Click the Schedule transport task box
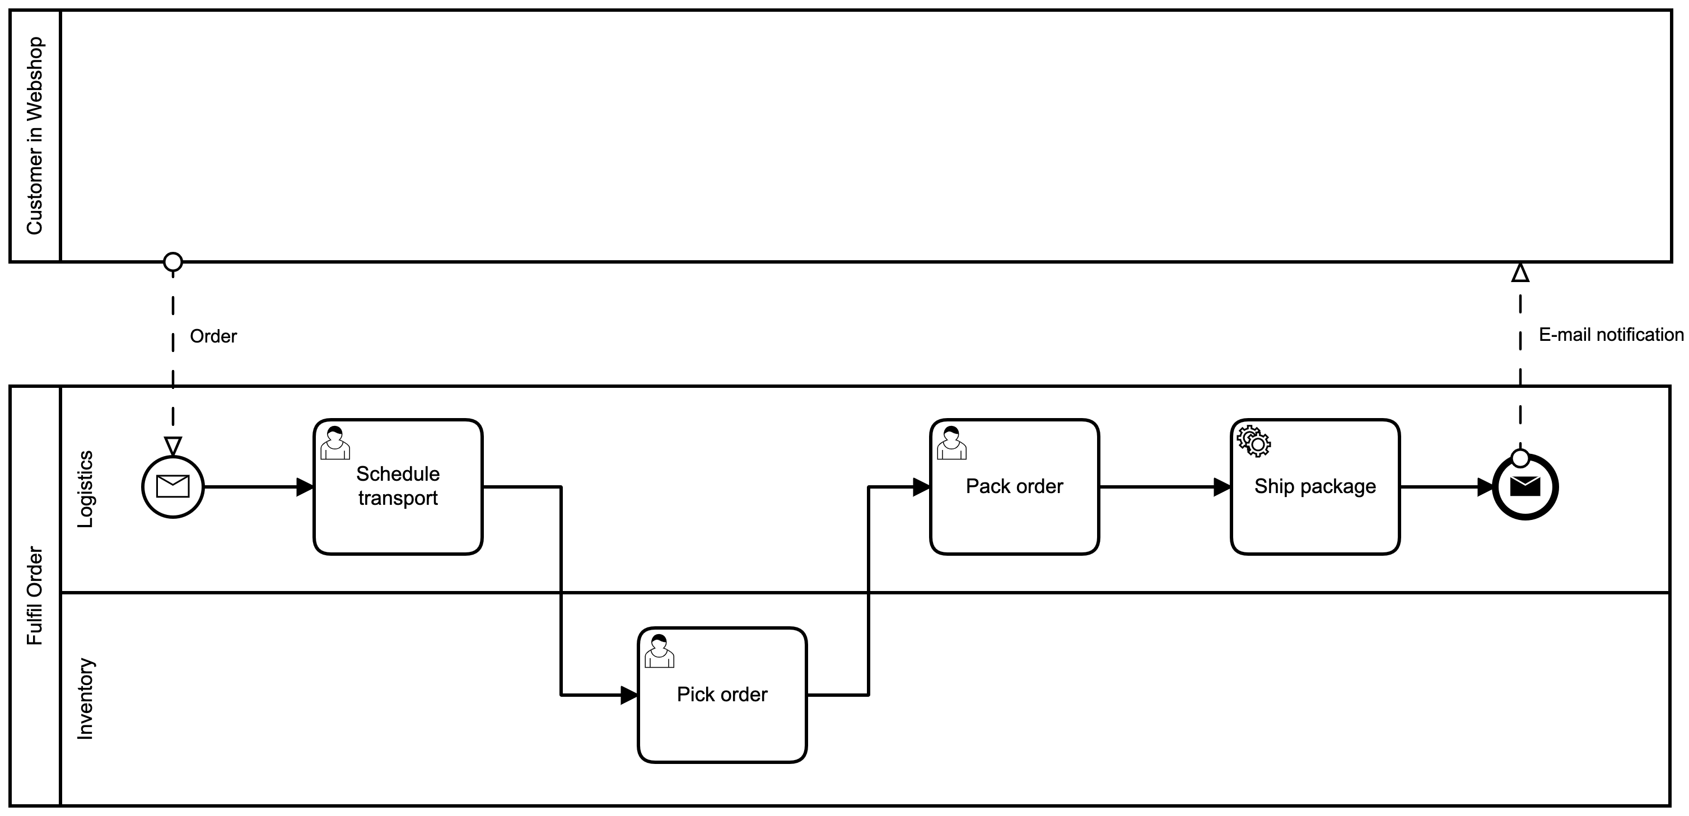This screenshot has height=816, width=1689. pyautogui.click(x=398, y=486)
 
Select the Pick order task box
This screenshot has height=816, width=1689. pyautogui.click(x=722, y=695)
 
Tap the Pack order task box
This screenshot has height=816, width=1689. pyautogui.click(x=1014, y=486)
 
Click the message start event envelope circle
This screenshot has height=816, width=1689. pyautogui.click(x=173, y=487)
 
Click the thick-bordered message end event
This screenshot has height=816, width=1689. pyautogui.click(x=1525, y=487)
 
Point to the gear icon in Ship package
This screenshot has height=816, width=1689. pyautogui.click(x=1254, y=441)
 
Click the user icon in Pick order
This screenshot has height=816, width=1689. pyautogui.click(x=660, y=651)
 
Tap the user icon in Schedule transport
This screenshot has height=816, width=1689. pyautogui.click(x=335, y=443)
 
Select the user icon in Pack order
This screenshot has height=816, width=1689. pyautogui.click(x=951, y=443)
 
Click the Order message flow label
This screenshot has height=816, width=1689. pyautogui.click(x=213, y=336)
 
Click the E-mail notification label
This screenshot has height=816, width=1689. pyautogui.click(x=1611, y=335)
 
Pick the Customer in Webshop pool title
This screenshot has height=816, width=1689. pyautogui.click(x=34, y=135)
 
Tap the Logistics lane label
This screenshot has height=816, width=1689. pyautogui.click(x=85, y=489)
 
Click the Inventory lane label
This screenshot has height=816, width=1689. pyautogui.click(x=85, y=698)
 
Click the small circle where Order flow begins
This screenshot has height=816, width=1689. pyautogui.click(x=172, y=262)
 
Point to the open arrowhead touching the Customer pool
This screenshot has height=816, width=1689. pyautogui.click(x=1520, y=273)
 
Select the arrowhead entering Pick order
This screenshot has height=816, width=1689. pyautogui.click(x=629, y=695)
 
